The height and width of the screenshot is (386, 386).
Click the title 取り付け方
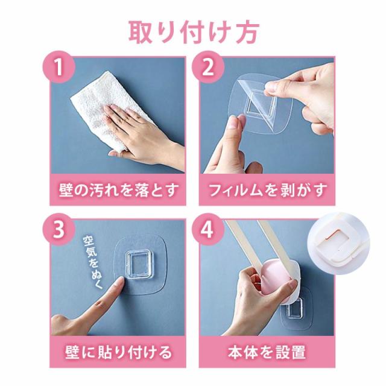tap(194, 33)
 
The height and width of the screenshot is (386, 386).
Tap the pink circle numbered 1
tap(59, 67)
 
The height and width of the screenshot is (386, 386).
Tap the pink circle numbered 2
tap(208, 67)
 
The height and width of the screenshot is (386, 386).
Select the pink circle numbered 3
tap(59, 229)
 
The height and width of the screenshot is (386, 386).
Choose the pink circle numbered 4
tap(208, 229)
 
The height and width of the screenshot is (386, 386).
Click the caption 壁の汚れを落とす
tap(118, 190)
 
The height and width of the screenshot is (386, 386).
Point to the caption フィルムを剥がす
tap(268, 190)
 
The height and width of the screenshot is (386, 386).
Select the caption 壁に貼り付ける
tap(118, 352)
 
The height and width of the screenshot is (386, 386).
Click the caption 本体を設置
tap(267, 352)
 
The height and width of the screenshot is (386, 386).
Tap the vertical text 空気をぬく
tap(92, 262)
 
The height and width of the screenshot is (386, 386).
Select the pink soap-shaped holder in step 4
tap(273, 280)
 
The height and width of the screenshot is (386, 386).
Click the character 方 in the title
tap(247, 33)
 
